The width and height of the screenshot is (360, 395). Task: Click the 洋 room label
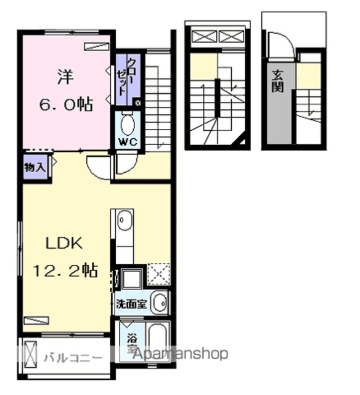pos(66,77)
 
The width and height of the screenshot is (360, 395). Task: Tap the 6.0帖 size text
pos(66,104)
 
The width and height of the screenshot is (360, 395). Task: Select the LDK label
pos(64,244)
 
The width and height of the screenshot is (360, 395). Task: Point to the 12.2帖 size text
pos(65,270)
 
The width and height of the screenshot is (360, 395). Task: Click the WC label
pos(128,143)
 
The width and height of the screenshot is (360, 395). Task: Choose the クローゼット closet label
pos(126,77)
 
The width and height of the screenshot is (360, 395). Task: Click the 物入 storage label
pos(35,167)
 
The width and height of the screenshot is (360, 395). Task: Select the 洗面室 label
pos(131,304)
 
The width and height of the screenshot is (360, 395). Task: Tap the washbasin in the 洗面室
pos(160,303)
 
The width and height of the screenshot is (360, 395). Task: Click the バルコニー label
pos(73,357)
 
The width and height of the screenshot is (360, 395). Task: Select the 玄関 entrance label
pos(278,81)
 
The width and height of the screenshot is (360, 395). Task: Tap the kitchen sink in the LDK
pos(125,220)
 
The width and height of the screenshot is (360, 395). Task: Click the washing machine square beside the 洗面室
pos(131,279)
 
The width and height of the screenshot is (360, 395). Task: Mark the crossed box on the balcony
pos(30,355)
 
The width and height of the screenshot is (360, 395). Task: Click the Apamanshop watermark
pos(180,354)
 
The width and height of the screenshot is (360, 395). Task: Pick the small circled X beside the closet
pos(138,103)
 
